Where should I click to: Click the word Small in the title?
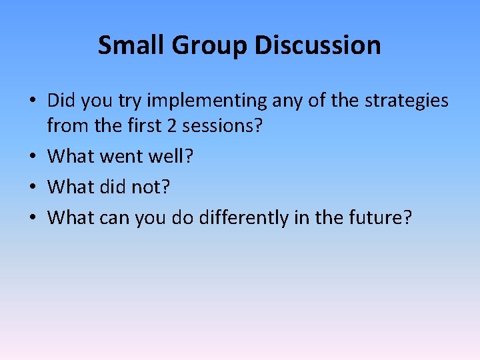click(x=129, y=45)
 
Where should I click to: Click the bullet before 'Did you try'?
click(x=33, y=101)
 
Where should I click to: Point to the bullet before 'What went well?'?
click(x=33, y=157)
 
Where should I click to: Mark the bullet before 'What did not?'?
click(x=33, y=187)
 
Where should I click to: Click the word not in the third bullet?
click(x=150, y=187)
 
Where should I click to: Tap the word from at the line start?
click(x=67, y=126)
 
